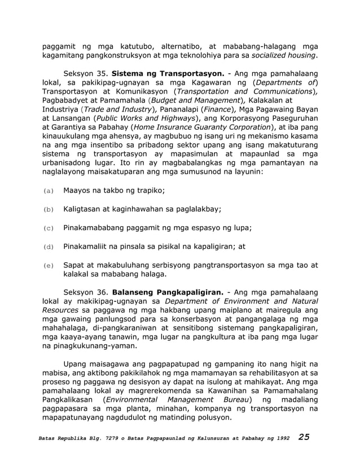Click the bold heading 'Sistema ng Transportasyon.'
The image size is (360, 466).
click(169, 74)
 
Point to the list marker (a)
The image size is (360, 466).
click(49, 191)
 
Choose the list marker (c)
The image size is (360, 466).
click(49, 228)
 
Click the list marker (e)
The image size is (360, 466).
click(49, 265)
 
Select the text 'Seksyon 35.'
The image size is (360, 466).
click(86, 74)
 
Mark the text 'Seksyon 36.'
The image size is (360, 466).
click(86, 292)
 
